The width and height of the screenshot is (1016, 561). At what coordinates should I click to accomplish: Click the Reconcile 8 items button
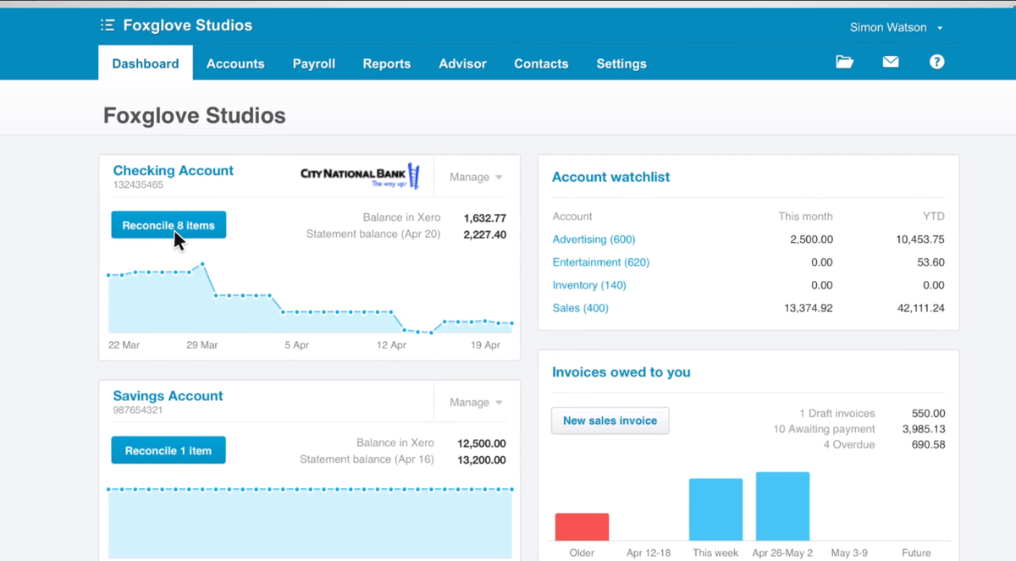(x=168, y=225)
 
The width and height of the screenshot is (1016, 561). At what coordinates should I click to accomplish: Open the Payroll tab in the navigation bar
(x=314, y=63)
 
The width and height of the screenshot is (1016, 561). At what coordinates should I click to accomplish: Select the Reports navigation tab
(x=387, y=63)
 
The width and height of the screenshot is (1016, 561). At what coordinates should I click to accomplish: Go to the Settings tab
(x=621, y=63)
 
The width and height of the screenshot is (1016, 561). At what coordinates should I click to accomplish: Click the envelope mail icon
(x=891, y=62)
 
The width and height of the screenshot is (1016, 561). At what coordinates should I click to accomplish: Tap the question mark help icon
(x=936, y=62)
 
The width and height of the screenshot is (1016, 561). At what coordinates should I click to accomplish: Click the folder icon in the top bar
(x=844, y=62)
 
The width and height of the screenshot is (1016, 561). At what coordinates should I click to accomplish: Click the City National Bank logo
(x=360, y=176)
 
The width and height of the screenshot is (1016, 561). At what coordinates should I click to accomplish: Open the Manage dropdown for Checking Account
(x=476, y=177)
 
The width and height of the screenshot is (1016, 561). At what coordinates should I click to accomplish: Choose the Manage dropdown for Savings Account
(x=476, y=402)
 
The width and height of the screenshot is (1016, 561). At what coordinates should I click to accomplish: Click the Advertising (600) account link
(x=594, y=239)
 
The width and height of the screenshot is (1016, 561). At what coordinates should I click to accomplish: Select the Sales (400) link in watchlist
(x=580, y=308)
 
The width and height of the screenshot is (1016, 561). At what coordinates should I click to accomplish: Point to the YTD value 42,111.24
(x=919, y=308)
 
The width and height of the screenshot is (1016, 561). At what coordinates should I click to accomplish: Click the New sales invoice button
(x=610, y=421)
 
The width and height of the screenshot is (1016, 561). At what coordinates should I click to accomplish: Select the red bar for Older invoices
(x=582, y=526)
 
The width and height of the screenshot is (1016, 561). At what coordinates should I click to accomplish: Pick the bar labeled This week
(x=715, y=509)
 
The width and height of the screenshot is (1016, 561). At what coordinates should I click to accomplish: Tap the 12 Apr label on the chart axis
(x=392, y=345)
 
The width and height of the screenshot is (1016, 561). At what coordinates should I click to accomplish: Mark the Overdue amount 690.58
(x=928, y=444)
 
